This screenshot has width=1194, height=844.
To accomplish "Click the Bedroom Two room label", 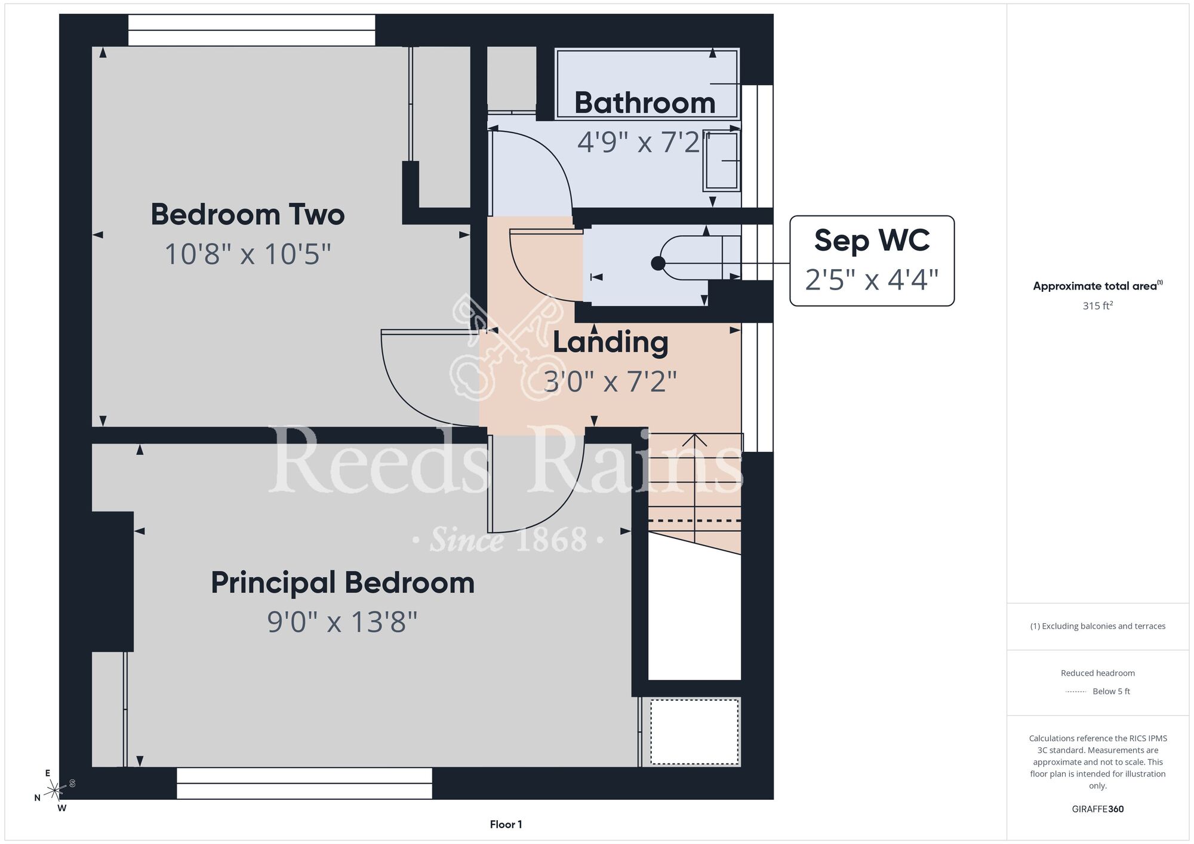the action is [248, 214].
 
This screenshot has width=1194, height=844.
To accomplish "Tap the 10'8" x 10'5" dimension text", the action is [248, 254].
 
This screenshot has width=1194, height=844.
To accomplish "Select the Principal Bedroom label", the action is [343, 583].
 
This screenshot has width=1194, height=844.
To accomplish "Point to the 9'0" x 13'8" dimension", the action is [342, 622].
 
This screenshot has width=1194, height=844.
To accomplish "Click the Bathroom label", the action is [645, 103].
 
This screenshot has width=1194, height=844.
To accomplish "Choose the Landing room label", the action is [610, 343].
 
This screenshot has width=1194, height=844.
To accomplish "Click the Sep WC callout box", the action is [872, 261].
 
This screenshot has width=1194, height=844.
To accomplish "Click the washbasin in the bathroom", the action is [722, 161].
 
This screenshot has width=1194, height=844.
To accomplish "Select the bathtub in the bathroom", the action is [647, 84].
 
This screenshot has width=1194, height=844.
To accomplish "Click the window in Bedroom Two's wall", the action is [251, 30].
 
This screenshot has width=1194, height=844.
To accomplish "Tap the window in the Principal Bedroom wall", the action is [304, 783].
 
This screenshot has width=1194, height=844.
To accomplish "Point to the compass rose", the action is [55, 790].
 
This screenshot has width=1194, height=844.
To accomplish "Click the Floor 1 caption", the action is [506, 824].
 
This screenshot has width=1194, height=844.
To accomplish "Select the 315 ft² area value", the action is [1098, 306].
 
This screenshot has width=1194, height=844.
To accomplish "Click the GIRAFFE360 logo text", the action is [1098, 809].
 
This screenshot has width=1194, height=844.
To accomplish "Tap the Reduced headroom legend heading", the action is [1098, 673].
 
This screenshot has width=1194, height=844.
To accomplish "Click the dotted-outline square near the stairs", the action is [694, 732].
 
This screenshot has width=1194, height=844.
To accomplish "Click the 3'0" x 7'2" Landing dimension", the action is [610, 381].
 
